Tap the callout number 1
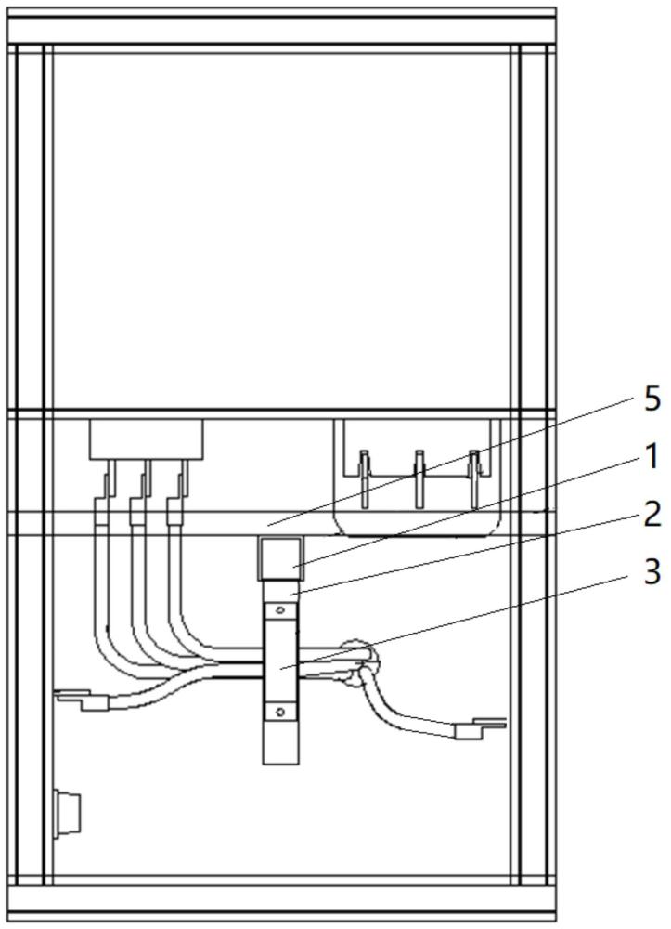pyautogui.click(x=651, y=458)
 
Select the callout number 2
pyautogui.click(x=651, y=516)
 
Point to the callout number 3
pyautogui.click(x=652, y=573)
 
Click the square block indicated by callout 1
pyautogui.click(x=280, y=557)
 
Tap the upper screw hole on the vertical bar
pyautogui.click(x=280, y=609)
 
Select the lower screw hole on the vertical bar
pyautogui.click(x=280, y=711)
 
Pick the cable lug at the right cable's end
pyautogui.click(x=480, y=728)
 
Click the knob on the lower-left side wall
pyautogui.click(x=66, y=813)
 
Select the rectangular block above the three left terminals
pyautogui.click(x=146, y=439)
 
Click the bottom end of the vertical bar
pyautogui.click(x=280, y=763)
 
